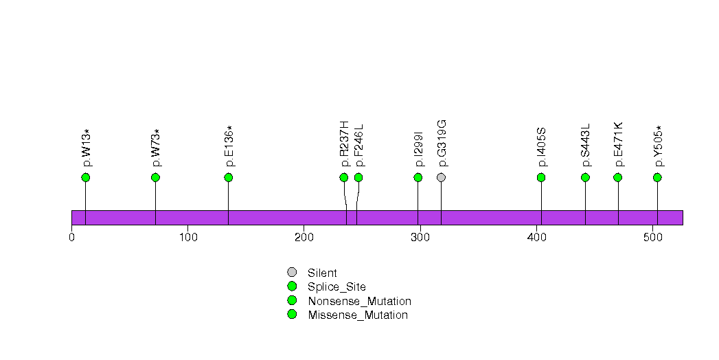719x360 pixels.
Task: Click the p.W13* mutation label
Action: pos(87,148)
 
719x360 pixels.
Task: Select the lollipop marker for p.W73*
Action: pos(155,177)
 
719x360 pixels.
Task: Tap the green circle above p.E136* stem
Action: pos(229,177)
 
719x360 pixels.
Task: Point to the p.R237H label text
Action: pos(344,144)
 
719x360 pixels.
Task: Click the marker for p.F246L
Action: pos(358,177)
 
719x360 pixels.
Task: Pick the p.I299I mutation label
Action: pos(418,150)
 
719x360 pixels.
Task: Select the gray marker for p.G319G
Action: pos(441,177)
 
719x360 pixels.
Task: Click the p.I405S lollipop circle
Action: pos(541,177)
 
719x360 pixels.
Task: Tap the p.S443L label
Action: pos(586,146)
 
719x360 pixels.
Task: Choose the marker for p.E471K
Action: pos(617,177)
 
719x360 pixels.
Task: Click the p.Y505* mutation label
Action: pos(659,146)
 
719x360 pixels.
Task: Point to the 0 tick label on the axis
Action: pos(71,237)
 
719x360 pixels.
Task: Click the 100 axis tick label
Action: pos(188,237)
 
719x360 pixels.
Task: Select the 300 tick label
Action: pos(420,237)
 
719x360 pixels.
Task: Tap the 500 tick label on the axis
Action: pos(652,237)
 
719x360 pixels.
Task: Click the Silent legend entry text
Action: pos(322,273)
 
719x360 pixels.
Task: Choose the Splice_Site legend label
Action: pos(337,288)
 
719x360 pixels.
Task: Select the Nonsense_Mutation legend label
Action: pos(360,302)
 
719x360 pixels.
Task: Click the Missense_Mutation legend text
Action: pos(358,315)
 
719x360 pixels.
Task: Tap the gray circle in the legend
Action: pos(292,273)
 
